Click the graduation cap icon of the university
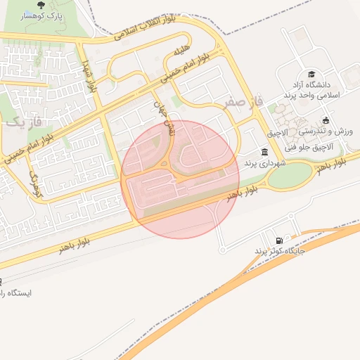(x=311, y=74)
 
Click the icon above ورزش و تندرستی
(x=325, y=120)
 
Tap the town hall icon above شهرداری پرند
(x=264, y=152)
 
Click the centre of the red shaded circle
(x=180, y=179)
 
